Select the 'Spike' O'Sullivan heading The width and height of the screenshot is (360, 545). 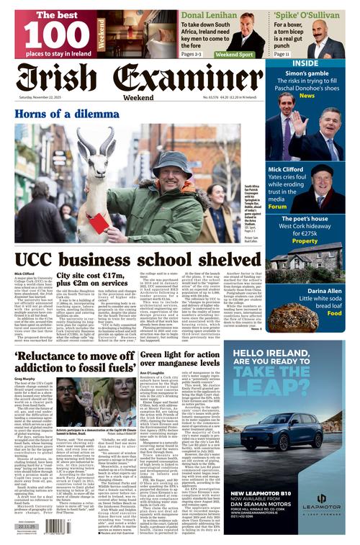pos(302,14)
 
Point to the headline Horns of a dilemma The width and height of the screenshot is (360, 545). pos(67,112)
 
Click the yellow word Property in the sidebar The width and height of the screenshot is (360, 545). pos(305,241)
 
